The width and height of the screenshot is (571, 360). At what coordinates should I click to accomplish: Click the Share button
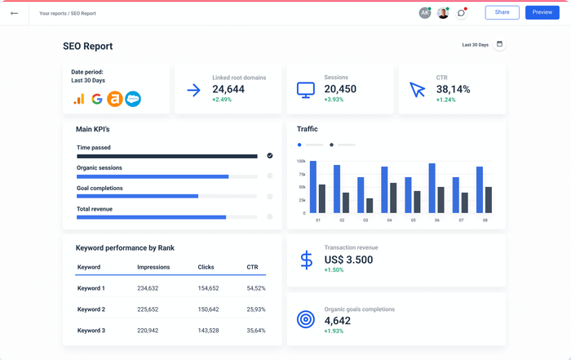pyautogui.click(x=502, y=12)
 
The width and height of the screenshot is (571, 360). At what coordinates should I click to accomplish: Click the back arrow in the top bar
pyautogui.click(x=14, y=13)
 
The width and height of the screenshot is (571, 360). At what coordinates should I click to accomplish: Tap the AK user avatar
pyautogui.click(x=424, y=13)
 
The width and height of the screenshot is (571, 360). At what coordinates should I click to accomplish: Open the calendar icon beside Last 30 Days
pyautogui.click(x=499, y=44)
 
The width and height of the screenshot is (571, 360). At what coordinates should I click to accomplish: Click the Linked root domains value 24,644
pyautogui.click(x=228, y=89)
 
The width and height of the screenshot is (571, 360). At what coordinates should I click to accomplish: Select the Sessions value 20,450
pyautogui.click(x=340, y=89)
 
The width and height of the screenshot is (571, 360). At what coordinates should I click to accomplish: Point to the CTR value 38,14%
pyautogui.click(x=453, y=89)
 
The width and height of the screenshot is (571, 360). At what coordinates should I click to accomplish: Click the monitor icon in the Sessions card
pyautogui.click(x=306, y=89)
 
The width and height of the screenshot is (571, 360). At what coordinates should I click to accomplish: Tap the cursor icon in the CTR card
pyautogui.click(x=418, y=90)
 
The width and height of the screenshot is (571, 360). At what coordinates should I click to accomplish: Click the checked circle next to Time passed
pyautogui.click(x=269, y=155)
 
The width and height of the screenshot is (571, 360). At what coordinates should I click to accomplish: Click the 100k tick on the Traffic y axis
pyautogui.click(x=301, y=162)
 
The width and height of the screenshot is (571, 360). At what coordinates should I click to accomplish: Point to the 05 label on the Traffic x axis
pyautogui.click(x=413, y=220)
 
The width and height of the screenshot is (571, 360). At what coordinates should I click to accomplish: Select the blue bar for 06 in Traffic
pyautogui.click(x=432, y=188)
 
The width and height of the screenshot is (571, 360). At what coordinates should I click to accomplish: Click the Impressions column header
pyautogui.click(x=153, y=267)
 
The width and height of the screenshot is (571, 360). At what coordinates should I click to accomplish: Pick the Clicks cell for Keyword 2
pyautogui.click(x=208, y=309)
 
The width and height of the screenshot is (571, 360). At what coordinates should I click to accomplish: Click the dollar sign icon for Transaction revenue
pyautogui.click(x=306, y=260)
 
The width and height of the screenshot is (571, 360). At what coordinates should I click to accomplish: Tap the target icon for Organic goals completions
pyautogui.click(x=306, y=320)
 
